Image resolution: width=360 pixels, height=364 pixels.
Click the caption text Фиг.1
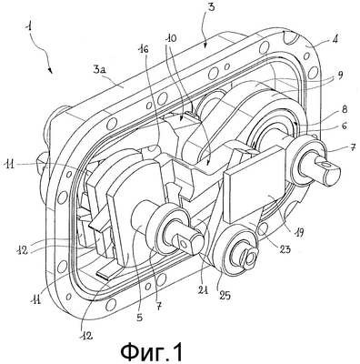pyautogui.click(x=152, y=351)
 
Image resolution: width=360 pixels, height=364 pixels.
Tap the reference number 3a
pyautogui.click(x=101, y=71)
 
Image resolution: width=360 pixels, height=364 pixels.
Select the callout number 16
pyautogui.click(x=145, y=49)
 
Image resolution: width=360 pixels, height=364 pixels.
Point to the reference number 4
pyautogui.click(x=335, y=39)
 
